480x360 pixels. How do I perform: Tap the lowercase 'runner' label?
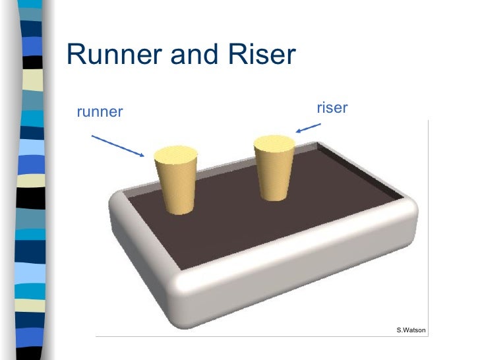pyautogui.click(x=100, y=112)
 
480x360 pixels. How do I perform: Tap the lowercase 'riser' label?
pyautogui.click(x=332, y=107)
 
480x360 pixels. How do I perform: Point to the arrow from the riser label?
pyautogui.click(x=308, y=127)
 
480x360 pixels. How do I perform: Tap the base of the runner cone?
pyautogui.click(x=179, y=209)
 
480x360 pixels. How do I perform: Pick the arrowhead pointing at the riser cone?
pyautogui.click(x=298, y=131)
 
